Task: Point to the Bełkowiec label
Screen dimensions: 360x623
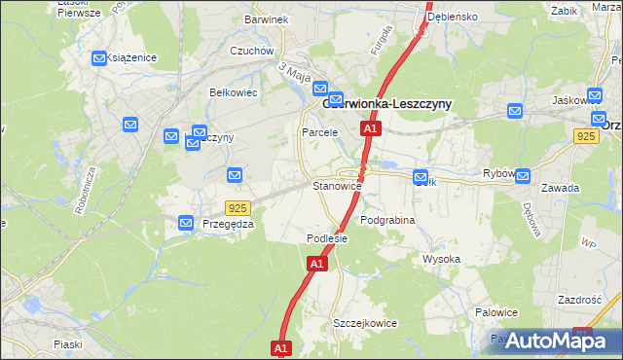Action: [x=233, y=93]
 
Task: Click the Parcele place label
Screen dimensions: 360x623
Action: [x=319, y=132]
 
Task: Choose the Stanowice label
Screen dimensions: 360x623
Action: [x=337, y=185]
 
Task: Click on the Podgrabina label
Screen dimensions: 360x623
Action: [x=387, y=221]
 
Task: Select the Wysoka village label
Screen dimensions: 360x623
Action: [x=441, y=259]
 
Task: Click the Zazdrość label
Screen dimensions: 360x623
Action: [x=580, y=300]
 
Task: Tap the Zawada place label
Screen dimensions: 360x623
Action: [x=588, y=188]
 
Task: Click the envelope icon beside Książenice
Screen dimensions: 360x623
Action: [x=98, y=58]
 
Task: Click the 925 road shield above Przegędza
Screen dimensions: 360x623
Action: [x=237, y=208]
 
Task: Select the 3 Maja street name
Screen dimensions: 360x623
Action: [x=293, y=72]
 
